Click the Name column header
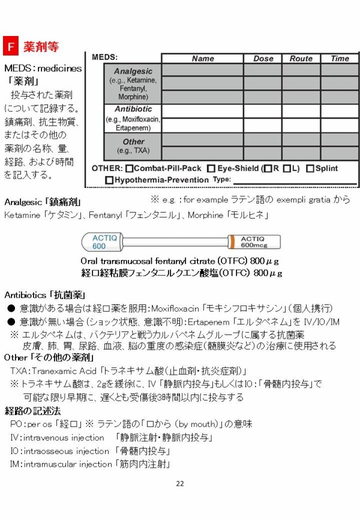pyautogui.click(x=203, y=59)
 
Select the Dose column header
pyautogui.click(x=263, y=59)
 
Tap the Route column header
pyautogui.click(x=301, y=59)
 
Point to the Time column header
pyautogui.click(x=340, y=59)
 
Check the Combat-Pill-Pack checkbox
pyautogui.click(x=130, y=169)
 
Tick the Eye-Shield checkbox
pyautogui.click(x=211, y=169)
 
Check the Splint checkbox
pyautogui.click(x=310, y=169)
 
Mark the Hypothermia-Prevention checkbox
pyautogui.click(x=109, y=180)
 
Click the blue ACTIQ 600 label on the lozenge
pyautogui.click(x=99, y=242)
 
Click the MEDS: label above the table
pyautogui.click(x=104, y=56)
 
